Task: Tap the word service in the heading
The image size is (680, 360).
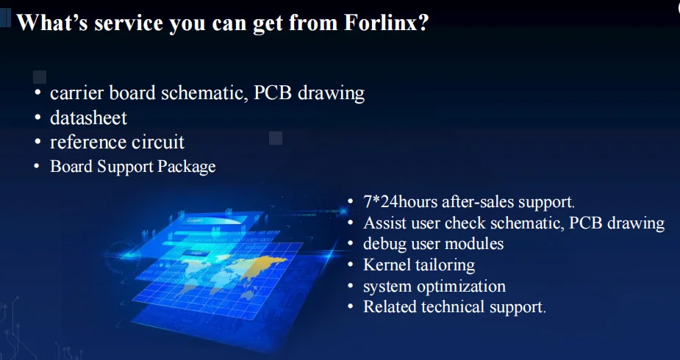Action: (129, 23)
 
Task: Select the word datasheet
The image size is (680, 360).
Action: (88, 118)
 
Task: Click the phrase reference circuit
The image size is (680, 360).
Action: (117, 142)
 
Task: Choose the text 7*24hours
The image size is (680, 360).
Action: (400, 202)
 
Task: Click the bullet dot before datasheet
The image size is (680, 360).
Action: (38, 118)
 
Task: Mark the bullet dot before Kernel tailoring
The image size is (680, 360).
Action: (351, 264)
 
